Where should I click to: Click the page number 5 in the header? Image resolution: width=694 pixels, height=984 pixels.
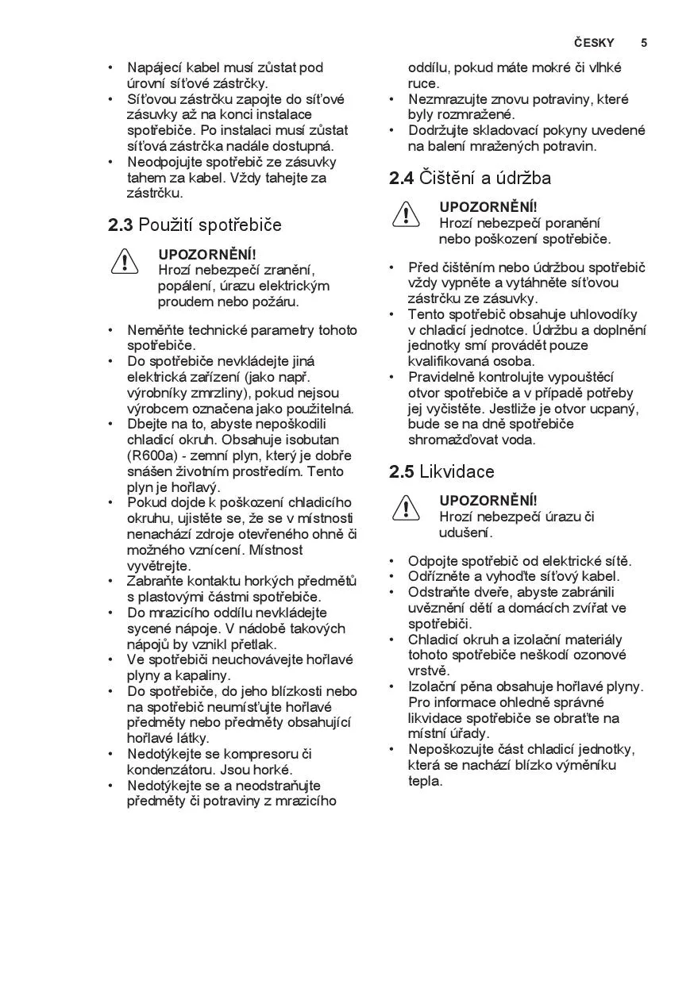pos(644,43)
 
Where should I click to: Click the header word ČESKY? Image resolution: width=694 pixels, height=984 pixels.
pos(594,43)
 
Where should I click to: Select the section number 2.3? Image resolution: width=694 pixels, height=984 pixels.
pos(121,225)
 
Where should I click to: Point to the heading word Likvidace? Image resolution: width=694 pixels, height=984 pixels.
pos(457,472)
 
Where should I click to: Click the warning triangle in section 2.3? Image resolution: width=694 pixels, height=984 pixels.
pos(125,262)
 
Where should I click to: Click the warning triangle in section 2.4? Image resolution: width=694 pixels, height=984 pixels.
pos(405,214)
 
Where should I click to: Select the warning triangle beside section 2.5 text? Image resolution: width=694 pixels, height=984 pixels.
pos(405,508)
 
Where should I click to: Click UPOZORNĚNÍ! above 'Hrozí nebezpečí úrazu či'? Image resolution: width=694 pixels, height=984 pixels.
pos(488,501)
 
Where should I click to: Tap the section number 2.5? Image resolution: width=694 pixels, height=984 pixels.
pos(401,472)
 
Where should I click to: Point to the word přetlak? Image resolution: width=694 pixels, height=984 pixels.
pos(251,644)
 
